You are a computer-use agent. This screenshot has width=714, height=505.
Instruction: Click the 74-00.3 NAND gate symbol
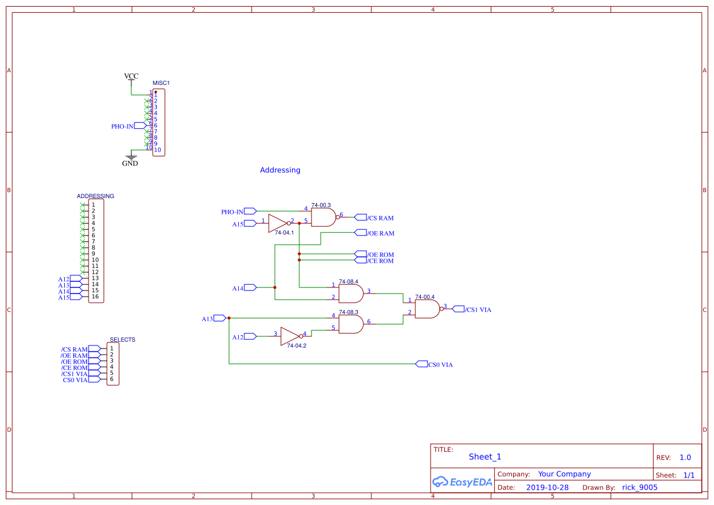click(324, 217)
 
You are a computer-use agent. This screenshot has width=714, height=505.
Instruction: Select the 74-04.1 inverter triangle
click(277, 223)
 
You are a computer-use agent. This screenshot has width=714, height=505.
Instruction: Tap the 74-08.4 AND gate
click(351, 294)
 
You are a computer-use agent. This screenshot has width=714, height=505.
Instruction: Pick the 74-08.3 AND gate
click(351, 324)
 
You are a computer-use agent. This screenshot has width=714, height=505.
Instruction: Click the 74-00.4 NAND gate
click(427, 309)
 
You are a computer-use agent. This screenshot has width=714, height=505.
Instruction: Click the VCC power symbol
click(131, 77)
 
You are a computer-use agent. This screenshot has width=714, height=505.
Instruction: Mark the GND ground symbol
click(130, 161)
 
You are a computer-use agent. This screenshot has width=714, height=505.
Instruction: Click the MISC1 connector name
click(161, 83)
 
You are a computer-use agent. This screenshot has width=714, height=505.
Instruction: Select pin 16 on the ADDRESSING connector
click(95, 297)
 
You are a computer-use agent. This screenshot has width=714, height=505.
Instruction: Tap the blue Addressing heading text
click(280, 170)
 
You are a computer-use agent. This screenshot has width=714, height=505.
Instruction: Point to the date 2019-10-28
click(547, 487)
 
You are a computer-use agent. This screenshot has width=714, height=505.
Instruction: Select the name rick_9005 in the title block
click(639, 487)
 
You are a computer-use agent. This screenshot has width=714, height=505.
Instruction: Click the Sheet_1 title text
click(484, 457)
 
